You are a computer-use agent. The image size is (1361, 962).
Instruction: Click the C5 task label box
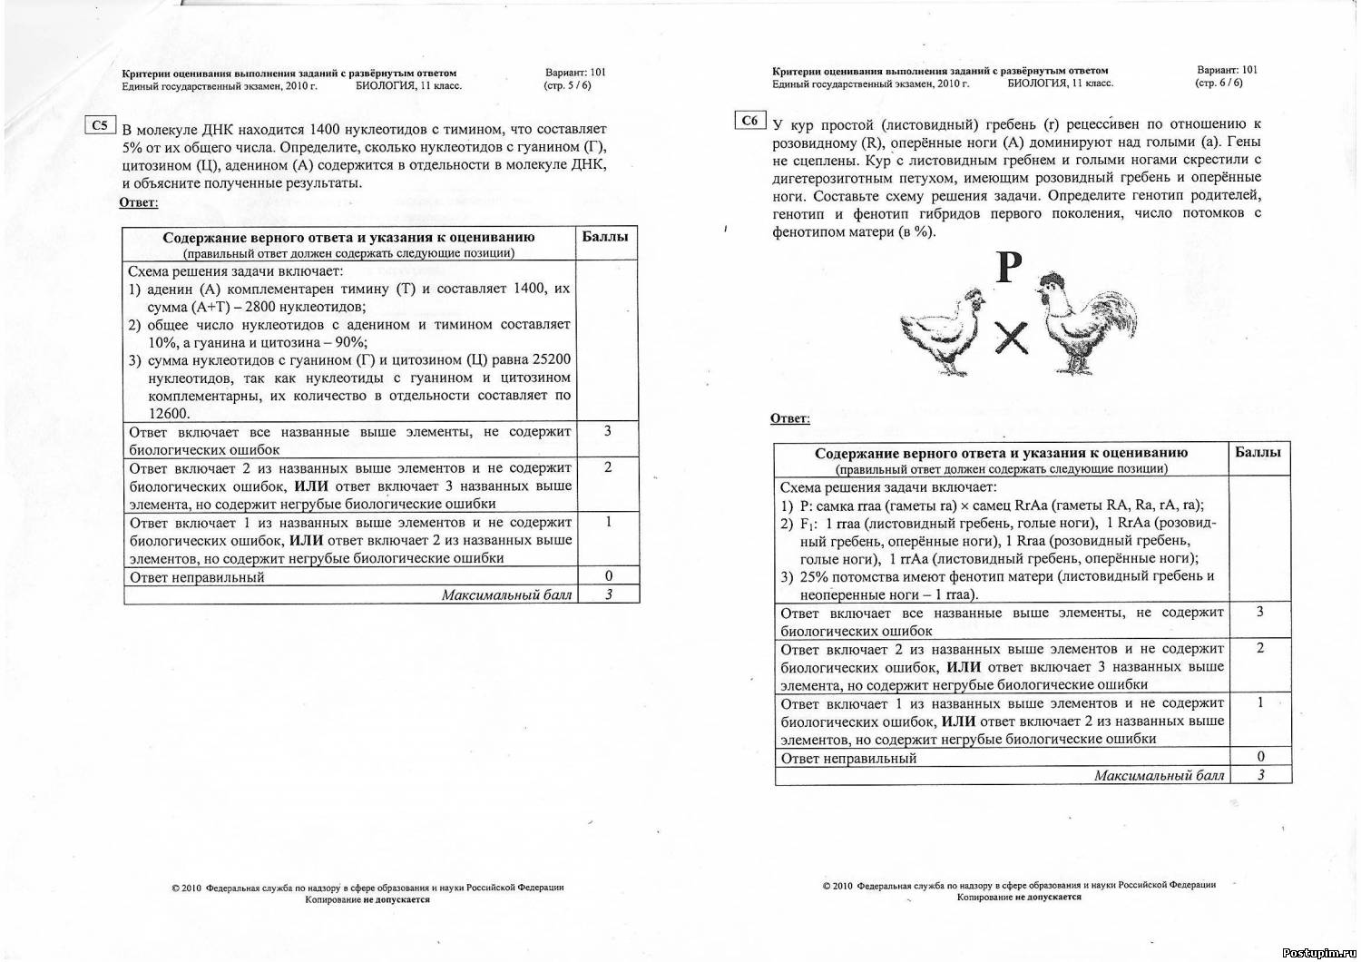100,125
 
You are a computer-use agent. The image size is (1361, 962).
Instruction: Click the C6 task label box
749,121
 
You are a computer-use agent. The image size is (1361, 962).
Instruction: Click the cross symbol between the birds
1011,340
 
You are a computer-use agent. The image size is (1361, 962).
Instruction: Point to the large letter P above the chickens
1009,268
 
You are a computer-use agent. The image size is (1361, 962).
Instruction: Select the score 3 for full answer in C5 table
607,431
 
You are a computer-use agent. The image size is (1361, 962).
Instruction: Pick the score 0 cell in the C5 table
607,575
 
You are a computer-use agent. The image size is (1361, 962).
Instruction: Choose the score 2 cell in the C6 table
1260,648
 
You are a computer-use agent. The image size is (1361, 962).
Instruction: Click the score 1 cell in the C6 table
1260,702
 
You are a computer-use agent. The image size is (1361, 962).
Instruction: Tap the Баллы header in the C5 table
605,237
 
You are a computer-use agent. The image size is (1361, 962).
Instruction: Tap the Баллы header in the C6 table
1258,452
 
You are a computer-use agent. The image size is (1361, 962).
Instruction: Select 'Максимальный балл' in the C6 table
1159,776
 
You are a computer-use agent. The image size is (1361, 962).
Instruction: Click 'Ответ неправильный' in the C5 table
197,577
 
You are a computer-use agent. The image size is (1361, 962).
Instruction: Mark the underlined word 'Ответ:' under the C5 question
138,202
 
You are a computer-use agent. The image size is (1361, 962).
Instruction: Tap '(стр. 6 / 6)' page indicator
1219,83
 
